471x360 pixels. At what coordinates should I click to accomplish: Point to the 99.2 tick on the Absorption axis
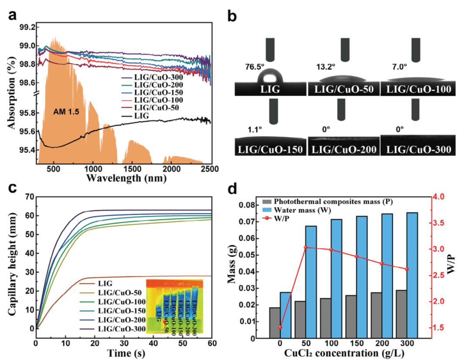tap(26, 27)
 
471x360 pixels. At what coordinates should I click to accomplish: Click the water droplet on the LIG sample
tap(270, 77)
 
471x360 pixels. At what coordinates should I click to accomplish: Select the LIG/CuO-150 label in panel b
tap(271, 149)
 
